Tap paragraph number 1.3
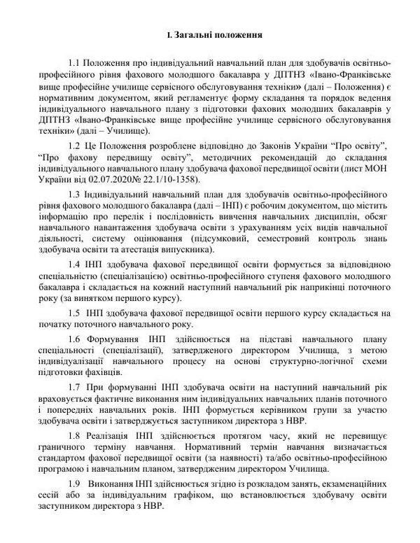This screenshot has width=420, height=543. pos(76,192)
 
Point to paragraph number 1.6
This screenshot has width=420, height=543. pos(76,339)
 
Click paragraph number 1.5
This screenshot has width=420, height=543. pos(76,313)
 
